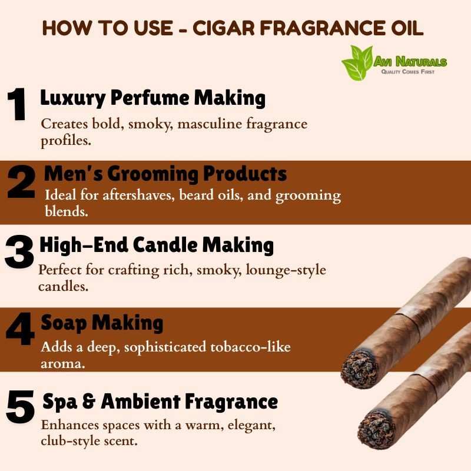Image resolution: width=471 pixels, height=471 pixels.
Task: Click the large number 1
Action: [x=17, y=104]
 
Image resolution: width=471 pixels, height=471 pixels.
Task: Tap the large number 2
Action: [x=21, y=182]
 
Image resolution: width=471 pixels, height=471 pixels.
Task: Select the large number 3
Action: [x=19, y=251]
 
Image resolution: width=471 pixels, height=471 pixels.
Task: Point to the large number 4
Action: [x=20, y=329]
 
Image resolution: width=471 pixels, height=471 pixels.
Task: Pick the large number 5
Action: [x=20, y=407]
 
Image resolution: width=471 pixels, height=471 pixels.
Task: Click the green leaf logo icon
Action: [x=358, y=63]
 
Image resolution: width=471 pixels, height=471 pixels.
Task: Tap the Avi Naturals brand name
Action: [x=410, y=62]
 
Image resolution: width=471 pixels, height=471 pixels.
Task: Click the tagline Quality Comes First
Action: [x=407, y=72]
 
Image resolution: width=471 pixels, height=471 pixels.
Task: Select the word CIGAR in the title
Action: [x=224, y=28]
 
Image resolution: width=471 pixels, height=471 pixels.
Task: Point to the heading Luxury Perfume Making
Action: [x=153, y=98]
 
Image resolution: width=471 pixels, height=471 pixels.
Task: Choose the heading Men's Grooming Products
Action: [x=165, y=174]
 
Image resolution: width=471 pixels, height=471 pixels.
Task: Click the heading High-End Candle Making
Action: [x=157, y=245]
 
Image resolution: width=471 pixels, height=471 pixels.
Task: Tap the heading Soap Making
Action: [x=102, y=323]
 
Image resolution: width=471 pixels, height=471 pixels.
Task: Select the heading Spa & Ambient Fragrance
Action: [x=160, y=402]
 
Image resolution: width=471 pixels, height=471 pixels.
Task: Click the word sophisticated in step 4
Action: [x=165, y=348]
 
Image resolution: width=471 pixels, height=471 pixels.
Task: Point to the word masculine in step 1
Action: [x=210, y=124]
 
